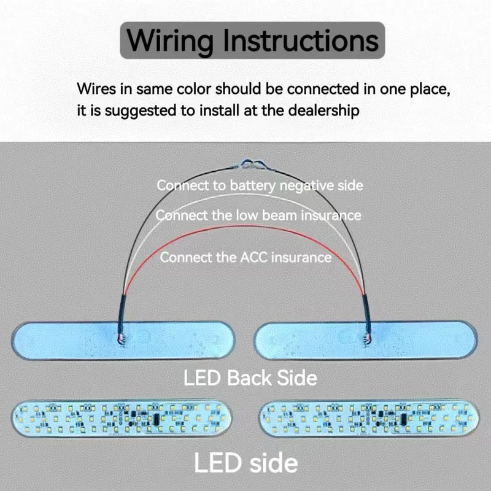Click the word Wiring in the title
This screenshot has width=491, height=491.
coord(171,41)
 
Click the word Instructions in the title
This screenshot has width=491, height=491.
coord(301,41)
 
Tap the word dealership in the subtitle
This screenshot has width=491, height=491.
coord(323,110)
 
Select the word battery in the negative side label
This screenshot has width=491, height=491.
coord(253,186)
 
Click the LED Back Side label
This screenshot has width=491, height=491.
coord(250,378)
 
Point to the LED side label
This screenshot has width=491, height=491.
coord(246,463)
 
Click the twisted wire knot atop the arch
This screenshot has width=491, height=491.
coord(253,165)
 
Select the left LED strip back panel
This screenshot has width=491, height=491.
coord(123,341)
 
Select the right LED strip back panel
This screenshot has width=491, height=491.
coord(366,340)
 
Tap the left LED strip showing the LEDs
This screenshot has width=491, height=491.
coord(122,418)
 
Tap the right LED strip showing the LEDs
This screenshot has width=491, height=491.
coord(369,419)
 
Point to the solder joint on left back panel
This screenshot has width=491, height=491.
coord(122,339)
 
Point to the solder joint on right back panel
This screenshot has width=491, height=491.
coord(366,339)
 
